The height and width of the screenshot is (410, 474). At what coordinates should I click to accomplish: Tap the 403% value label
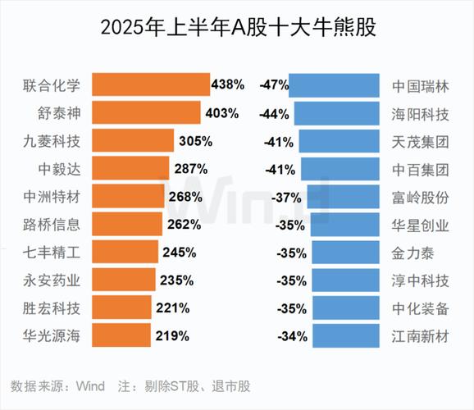[x=221, y=112]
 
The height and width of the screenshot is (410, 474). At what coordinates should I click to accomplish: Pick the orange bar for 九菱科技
[x=133, y=140]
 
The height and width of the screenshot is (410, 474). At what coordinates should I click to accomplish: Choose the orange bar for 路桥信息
[x=126, y=224]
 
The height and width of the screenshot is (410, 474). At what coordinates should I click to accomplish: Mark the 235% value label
[x=176, y=280]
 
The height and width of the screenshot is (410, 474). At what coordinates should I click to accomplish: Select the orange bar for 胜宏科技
[x=121, y=307]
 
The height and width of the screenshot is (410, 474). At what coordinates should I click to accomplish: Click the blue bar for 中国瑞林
[x=335, y=84]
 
